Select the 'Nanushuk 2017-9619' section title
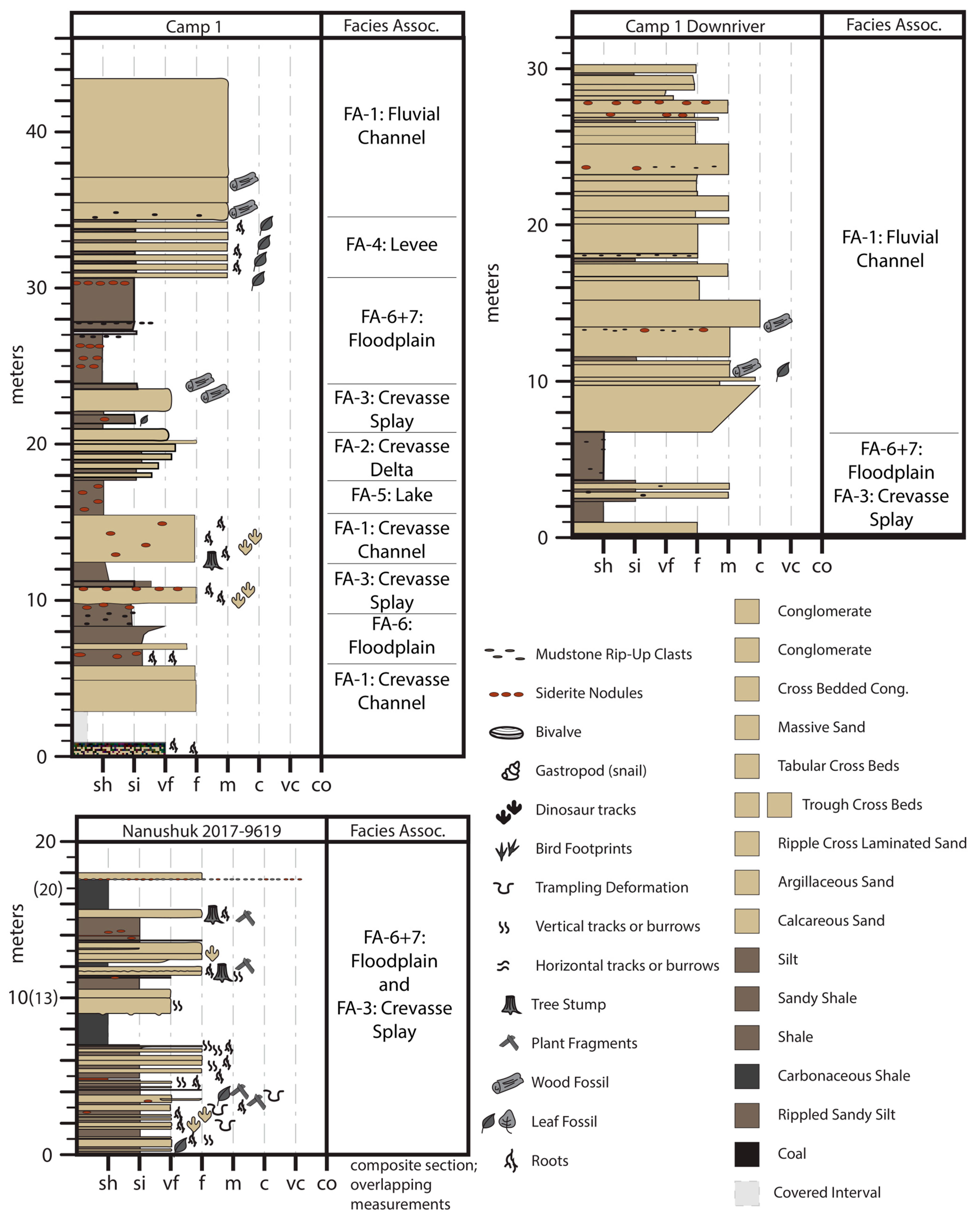[202, 831]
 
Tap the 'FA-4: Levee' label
[392, 245]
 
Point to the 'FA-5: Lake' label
[392, 495]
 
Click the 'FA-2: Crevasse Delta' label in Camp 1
[392, 457]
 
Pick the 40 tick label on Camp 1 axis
[36, 132]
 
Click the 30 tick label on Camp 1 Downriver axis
[537, 69]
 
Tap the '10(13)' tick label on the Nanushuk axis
[33, 997]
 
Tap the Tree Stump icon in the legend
[511, 1004]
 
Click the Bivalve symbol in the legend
[506, 732]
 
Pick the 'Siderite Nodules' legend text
[589, 693]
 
